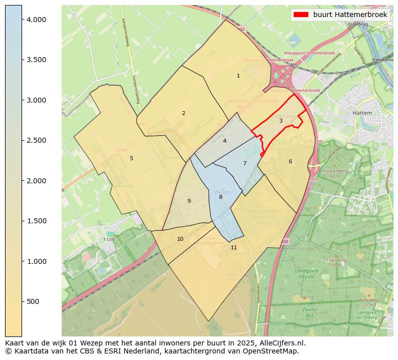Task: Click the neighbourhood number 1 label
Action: coord(238,76)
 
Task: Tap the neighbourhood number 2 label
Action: coord(183,113)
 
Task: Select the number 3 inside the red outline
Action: coord(281,121)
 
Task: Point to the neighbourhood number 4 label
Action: coord(225,141)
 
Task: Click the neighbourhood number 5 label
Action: coord(131,158)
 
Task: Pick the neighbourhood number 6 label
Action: coord(290,161)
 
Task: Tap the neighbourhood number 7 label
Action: coord(245,163)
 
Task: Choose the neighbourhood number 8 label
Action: coord(221,197)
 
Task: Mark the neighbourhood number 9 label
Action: coord(189,201)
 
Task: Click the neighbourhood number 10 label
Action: coord(180,239)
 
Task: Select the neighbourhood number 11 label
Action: coord(234,247)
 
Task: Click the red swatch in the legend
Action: coord(300,15)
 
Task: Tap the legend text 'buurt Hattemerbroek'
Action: coord(350,15)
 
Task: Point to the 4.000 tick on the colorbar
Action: coord(36,20)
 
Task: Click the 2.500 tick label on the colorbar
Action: coord(36,140)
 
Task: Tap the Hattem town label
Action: coord(362,113)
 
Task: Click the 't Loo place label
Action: coord(109,239)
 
